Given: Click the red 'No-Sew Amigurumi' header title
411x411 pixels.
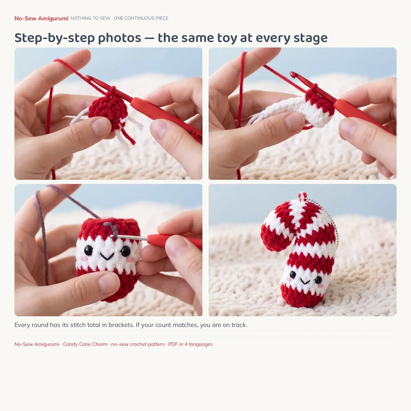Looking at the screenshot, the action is click(x=41, y=18).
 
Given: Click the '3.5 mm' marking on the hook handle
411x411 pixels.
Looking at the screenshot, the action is click(x=196, y=134).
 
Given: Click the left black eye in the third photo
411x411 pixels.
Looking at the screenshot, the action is click(x=88, y=250).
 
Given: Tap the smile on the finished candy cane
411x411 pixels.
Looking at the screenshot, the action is click(x=305, y=282).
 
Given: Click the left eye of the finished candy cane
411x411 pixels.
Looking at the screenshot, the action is click(x=292, y=275).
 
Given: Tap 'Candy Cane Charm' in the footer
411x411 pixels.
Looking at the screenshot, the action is click(x=85, y=344).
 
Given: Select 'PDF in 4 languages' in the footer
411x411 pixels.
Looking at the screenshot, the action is click(x=190, y=344).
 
